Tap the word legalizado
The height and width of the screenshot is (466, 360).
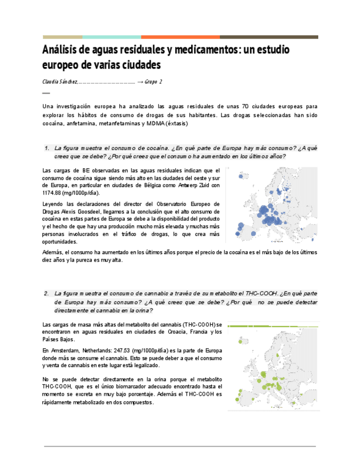145,365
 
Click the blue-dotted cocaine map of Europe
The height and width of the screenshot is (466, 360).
272,205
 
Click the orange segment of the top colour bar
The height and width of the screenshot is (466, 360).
180,37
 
